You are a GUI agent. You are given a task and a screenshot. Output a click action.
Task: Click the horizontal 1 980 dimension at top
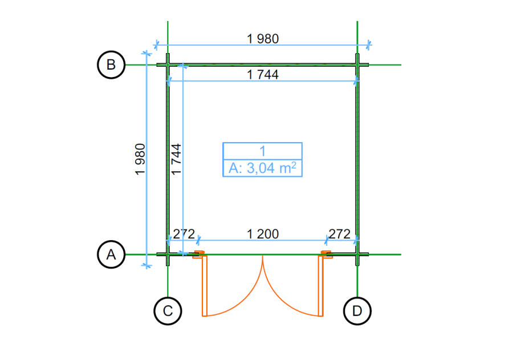263,39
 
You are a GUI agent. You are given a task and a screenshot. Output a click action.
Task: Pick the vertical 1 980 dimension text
140,159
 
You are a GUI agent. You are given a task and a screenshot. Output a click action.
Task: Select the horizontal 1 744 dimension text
263,75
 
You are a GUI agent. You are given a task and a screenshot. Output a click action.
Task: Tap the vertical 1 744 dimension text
176,159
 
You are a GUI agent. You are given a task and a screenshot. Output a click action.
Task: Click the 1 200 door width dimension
263,234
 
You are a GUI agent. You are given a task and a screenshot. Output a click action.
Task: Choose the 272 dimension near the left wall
184,234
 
